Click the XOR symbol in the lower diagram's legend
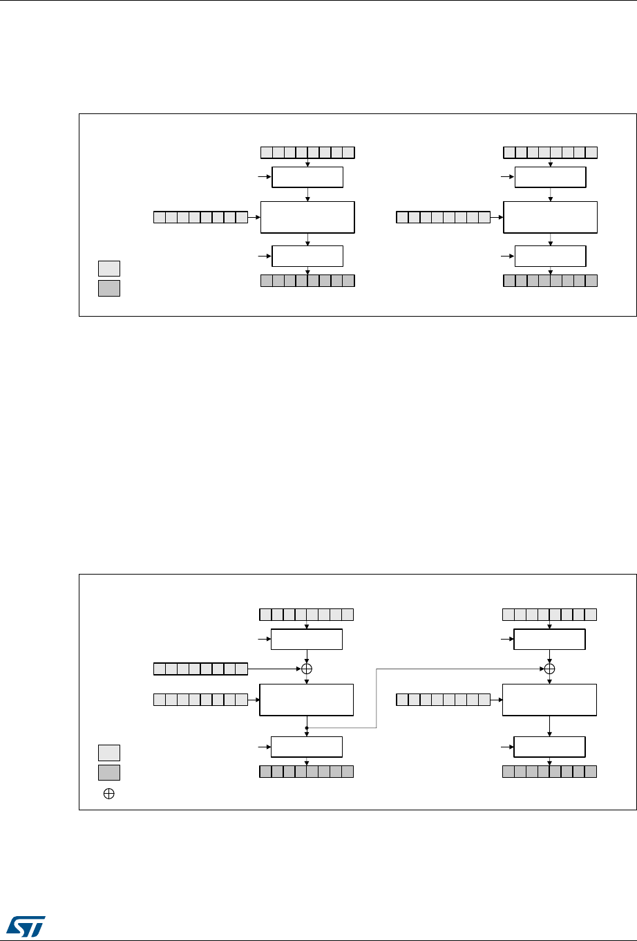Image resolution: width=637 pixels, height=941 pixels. (x=109, y=794)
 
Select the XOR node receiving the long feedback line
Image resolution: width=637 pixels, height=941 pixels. (x=549, y=669)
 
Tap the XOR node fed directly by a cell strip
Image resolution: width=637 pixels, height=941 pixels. (x=307, y=669)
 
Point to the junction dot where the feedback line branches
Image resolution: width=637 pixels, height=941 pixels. (x=307, y=727)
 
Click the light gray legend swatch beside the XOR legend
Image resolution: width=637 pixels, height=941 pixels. (x=109, y=753)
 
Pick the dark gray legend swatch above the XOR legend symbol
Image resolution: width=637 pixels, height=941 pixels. (x=109, y=772)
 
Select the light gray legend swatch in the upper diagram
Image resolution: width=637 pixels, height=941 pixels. (x=109, y=268)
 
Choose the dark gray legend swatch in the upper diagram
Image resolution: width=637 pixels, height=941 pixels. (x=109, y=288)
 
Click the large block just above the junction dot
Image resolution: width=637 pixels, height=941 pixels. (x=307, y=700)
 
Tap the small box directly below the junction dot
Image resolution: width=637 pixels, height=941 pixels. (x=307, y=747)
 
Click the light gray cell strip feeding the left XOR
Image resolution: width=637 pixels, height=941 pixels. (x=200, y=669)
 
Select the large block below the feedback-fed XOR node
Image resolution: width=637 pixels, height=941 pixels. (x=549, y=700)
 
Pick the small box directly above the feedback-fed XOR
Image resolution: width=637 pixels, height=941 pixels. (x=549, y=640)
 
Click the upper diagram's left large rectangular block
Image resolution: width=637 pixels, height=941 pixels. (x=307, y=217)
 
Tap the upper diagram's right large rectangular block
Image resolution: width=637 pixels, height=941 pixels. (x=549, y=217)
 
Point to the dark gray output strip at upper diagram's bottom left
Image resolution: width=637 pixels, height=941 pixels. (x=307, y=281)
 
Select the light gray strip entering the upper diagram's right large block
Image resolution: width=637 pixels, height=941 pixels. (x=443, y=218)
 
